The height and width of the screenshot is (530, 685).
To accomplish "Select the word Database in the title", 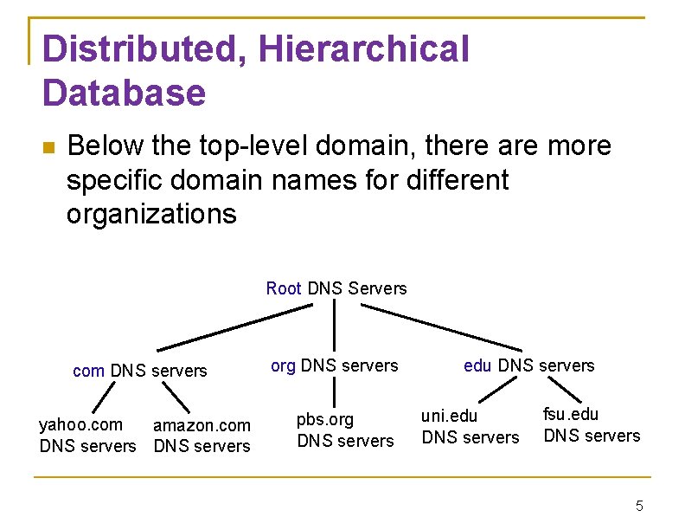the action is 124,93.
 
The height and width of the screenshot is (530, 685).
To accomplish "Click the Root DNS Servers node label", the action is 336,288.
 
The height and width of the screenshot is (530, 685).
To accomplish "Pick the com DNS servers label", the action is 140,371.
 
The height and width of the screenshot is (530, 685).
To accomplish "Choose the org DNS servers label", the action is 334,365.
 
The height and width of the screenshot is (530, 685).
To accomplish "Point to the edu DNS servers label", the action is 528,365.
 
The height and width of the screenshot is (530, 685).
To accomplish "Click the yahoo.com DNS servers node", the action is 87,436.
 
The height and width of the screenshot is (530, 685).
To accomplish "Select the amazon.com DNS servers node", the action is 202,436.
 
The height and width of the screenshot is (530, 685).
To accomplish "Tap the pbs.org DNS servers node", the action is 345,430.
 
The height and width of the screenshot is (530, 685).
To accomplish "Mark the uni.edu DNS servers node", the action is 470,427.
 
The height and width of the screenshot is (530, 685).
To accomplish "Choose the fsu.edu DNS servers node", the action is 592,425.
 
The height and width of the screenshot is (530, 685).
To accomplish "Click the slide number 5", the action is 639,506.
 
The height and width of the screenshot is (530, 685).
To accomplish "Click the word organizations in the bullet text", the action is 151,214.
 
